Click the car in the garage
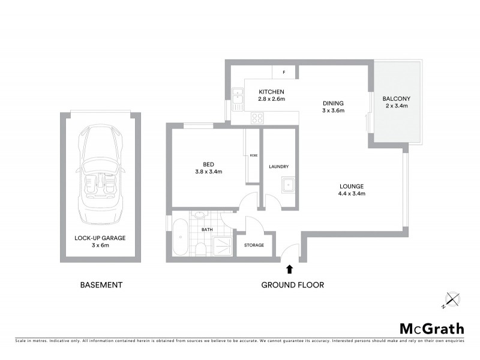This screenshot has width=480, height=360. click(100, 174)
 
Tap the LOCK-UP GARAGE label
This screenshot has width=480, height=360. click(100, 238)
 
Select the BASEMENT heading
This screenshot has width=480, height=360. click(101, 285)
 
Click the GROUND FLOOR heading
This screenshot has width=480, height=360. click(292, 285)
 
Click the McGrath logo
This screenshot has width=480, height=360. click(432, 328)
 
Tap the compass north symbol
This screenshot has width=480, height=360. click(452, 299)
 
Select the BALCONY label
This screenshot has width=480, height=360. click(396, 98)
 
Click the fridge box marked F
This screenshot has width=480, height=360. click(284, 73)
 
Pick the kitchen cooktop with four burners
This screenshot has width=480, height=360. click(258, 118)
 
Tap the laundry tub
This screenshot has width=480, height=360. click(287, 185)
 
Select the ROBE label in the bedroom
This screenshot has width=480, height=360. click(253, 156)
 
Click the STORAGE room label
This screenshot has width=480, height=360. click(254, 245)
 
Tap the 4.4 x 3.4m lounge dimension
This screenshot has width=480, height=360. click(352, 193)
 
